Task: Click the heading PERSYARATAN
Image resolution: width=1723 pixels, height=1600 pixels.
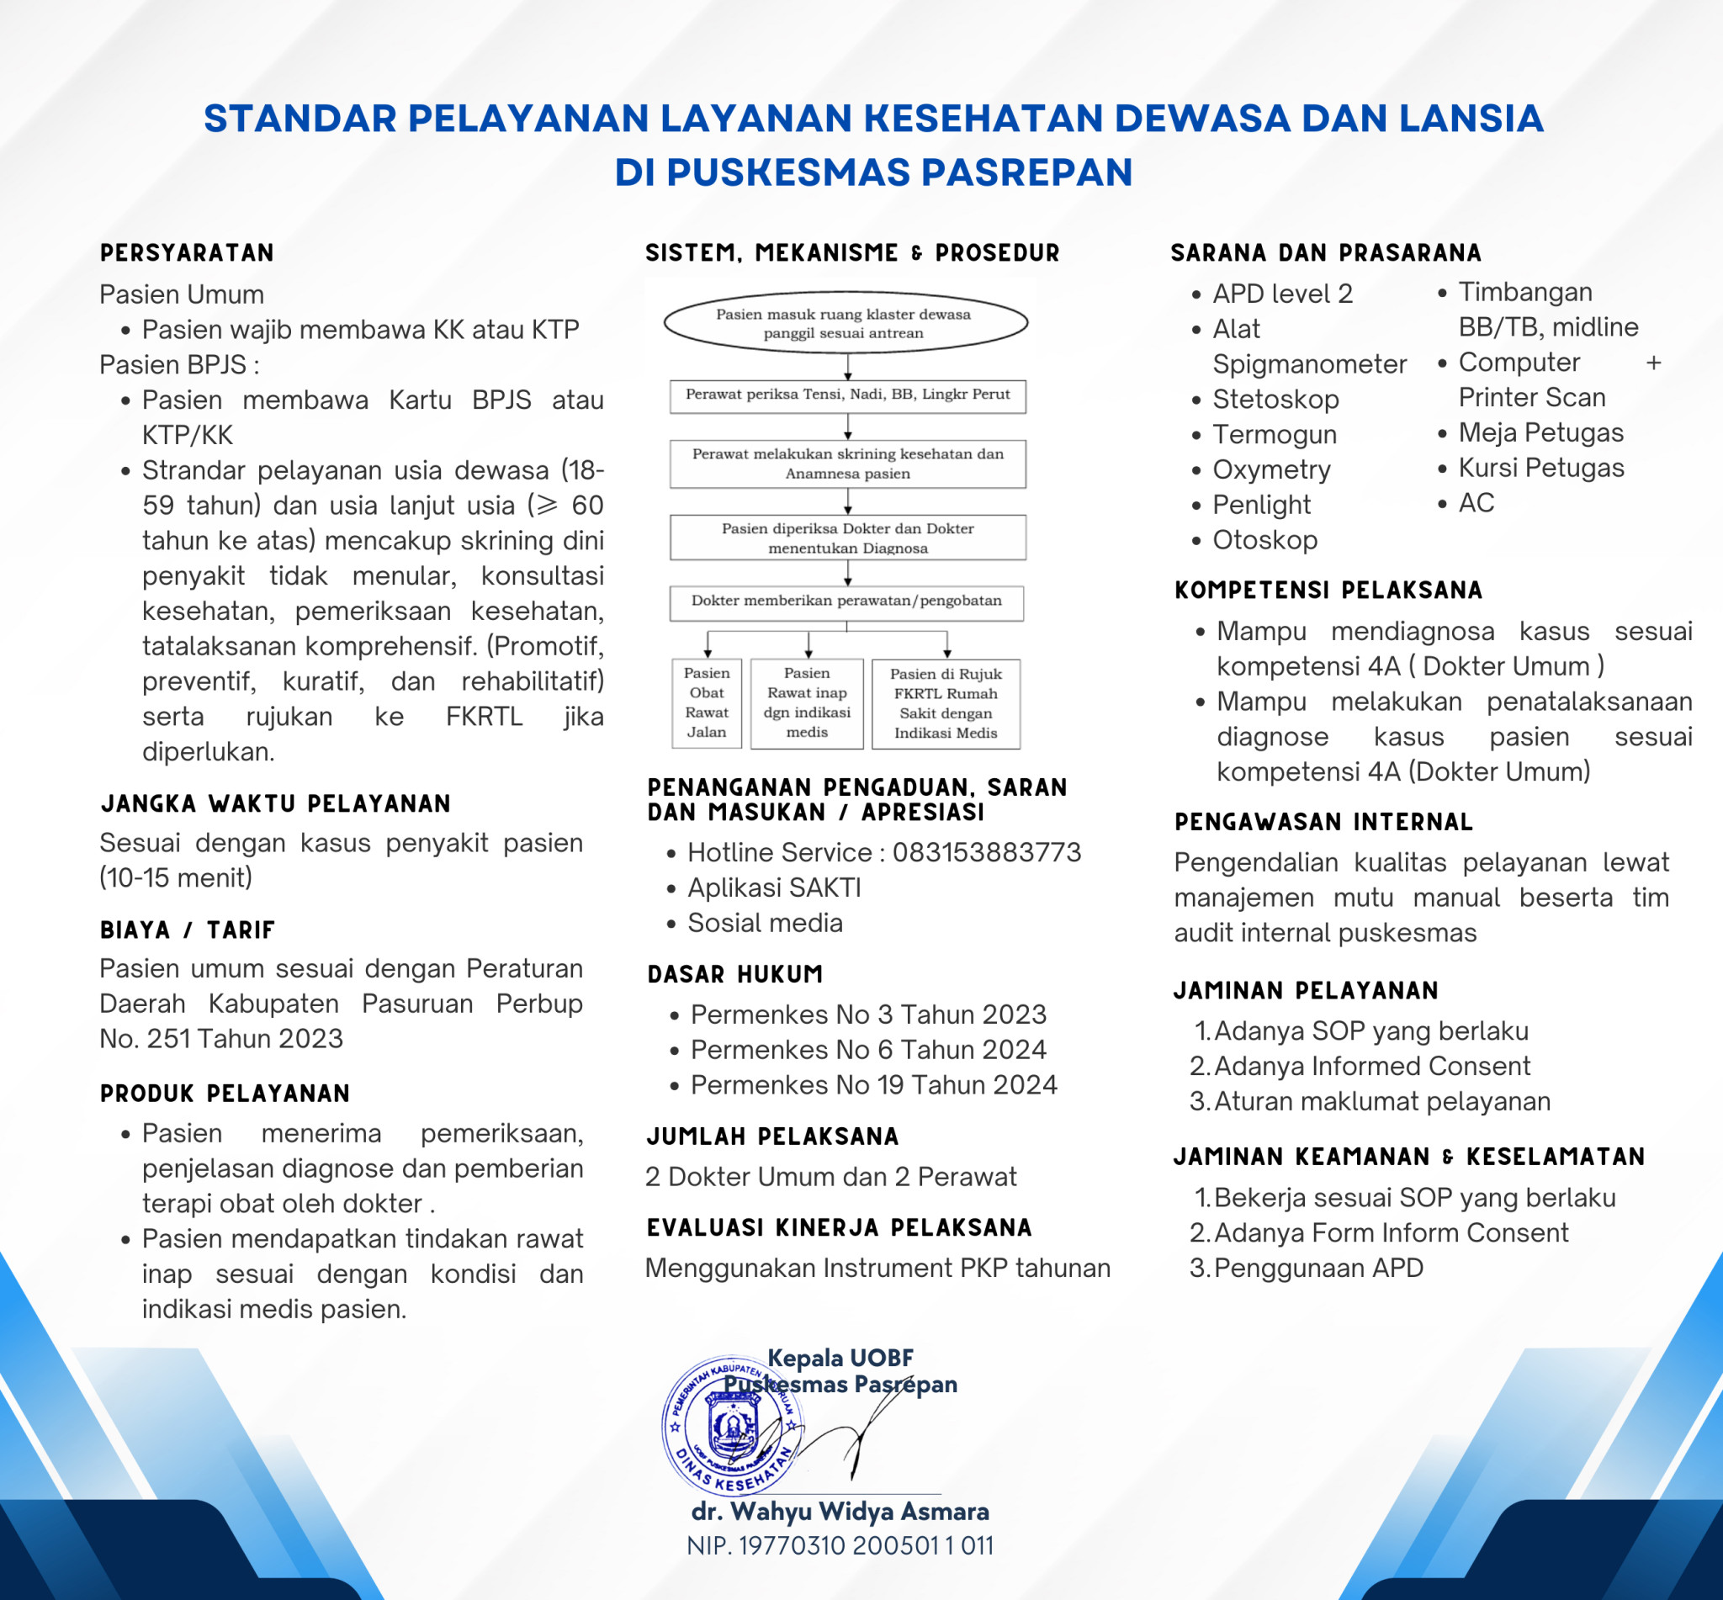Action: (x=187, y=253)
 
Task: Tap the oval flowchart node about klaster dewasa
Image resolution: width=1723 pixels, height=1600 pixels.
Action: (x=845, y=323)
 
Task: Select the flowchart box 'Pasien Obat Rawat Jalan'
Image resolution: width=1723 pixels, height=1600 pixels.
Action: (x=707, y=702)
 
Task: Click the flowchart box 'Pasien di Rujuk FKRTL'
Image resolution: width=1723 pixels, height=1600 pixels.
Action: (x=946, y=703)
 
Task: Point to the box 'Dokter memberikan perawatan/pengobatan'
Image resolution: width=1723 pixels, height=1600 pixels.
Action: (x=846, y=601)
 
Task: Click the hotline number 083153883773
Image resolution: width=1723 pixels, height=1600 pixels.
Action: (x=986, y=853)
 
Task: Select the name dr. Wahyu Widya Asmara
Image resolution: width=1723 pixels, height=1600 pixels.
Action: (x=840, y=1512)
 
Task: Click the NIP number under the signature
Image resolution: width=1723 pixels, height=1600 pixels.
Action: (x=840, y=1546)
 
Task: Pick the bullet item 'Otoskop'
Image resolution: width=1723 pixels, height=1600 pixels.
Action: (x=1264, y=540)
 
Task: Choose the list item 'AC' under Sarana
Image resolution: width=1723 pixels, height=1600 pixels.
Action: (x=1476, y=503)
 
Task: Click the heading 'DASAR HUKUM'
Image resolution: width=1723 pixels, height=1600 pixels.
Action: (x=735, y=974)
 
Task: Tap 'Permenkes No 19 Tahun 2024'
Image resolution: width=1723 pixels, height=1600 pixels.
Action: (x=873, y=1085)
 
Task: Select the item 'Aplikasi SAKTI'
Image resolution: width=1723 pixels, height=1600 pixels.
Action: (x=774, y=888)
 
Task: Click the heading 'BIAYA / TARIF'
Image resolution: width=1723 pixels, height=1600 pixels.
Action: (x=187, y=930)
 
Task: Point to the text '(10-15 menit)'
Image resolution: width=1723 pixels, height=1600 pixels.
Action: (x=176, y=878)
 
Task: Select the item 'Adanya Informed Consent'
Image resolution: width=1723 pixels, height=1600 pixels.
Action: (x=1371, y=1066)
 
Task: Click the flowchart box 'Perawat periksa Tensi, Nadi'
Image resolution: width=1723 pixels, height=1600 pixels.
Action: (x=848, y=395)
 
